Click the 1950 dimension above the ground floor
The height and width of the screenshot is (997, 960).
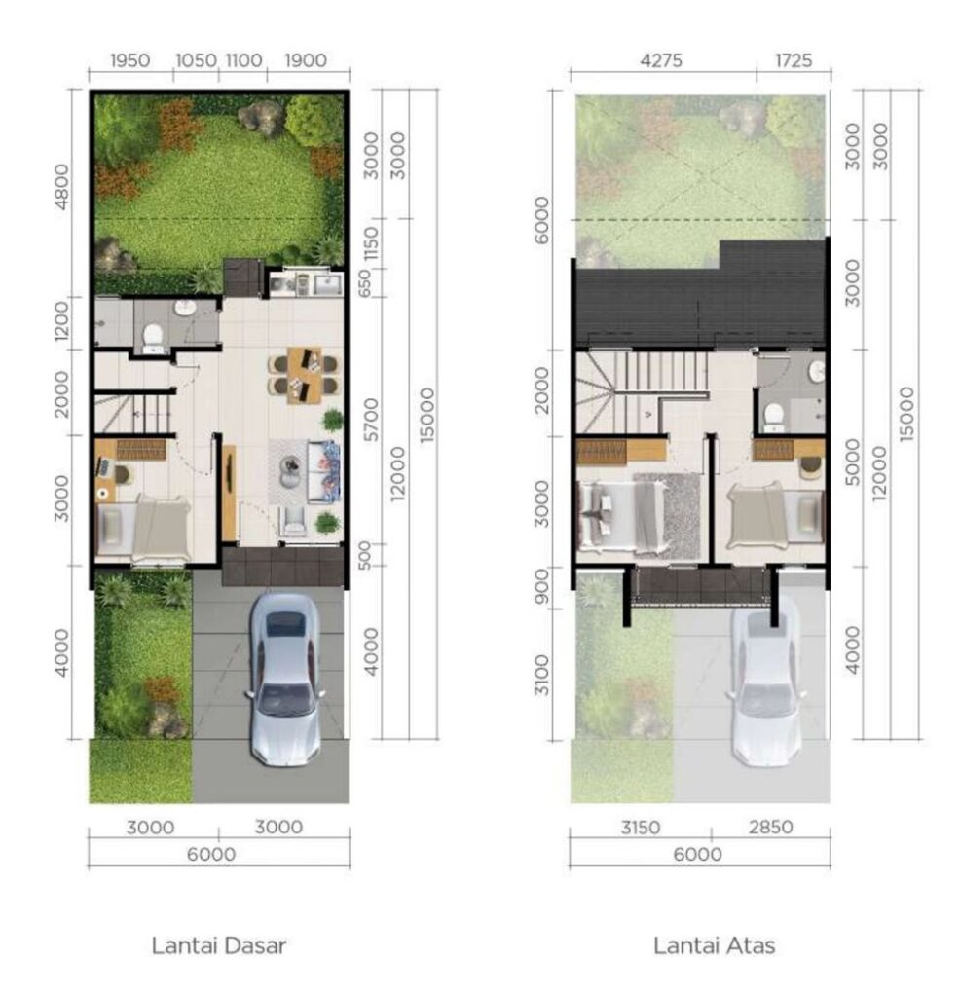pyautogui.click(x=130, y=60)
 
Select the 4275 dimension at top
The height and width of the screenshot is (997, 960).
pyautogui.click(x=661, y=60)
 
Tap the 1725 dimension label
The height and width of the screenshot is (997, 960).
pyautogui.click(x=794, y=60)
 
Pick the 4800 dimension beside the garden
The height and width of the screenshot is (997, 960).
pyautogui.click(x=62, y=186)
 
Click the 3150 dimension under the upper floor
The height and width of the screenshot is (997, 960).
pyautogui.click(x=641, y=828)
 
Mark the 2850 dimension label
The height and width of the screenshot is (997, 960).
pyautogui.click(x=770, y=828)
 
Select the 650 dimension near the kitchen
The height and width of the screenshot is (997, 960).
pyautogui.click(x=364, y=283)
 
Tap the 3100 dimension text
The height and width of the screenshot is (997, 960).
pyautogui.click(x=541, y=676)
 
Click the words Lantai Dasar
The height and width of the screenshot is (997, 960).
pyautogui.click(x=219, y=945)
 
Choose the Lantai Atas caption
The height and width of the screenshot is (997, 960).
pyautogui.click(x=715, y=945)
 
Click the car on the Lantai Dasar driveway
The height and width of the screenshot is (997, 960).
pyautogui.click(x=285, y=680)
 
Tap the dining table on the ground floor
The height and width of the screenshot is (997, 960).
pyautogui.click(x=304, y=375)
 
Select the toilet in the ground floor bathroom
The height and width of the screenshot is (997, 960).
pyautogui.click(x=153, y=338)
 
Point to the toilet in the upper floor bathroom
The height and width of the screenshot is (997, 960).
pyautogui.click(x=774, y=418)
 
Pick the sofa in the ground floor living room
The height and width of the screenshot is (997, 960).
pyautogui.click(x=323, y=472)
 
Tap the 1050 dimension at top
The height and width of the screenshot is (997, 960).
pyautogui.click(x=196, y=60)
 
